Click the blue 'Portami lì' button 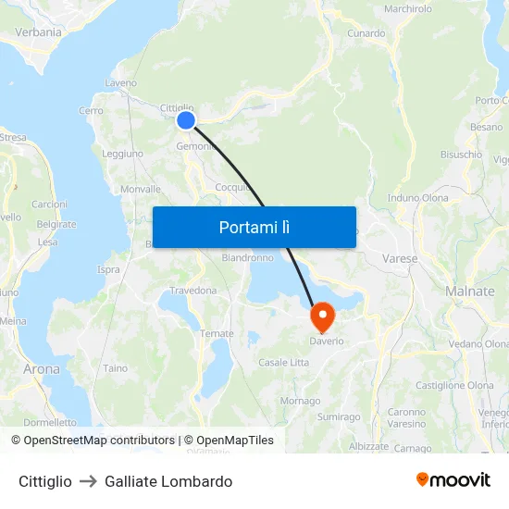pos(254,227)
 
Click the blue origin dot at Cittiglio pos(186,119)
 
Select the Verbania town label pos(38,31)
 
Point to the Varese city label pos(400,258)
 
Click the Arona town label pos(41,368)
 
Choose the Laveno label pos(121,82)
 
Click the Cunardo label pos(366,33)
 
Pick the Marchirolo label pos(407,8)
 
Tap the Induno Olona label pos(418,197)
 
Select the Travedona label pos(193,290)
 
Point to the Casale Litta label pos(283,362)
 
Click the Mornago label pos(300,401)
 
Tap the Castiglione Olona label pos(454,385)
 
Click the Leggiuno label pos(122,154)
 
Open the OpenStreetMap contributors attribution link pos(99,441)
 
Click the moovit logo pos(453,480)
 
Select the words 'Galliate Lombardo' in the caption pos(168,481)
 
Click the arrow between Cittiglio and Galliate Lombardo pos(88,481)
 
